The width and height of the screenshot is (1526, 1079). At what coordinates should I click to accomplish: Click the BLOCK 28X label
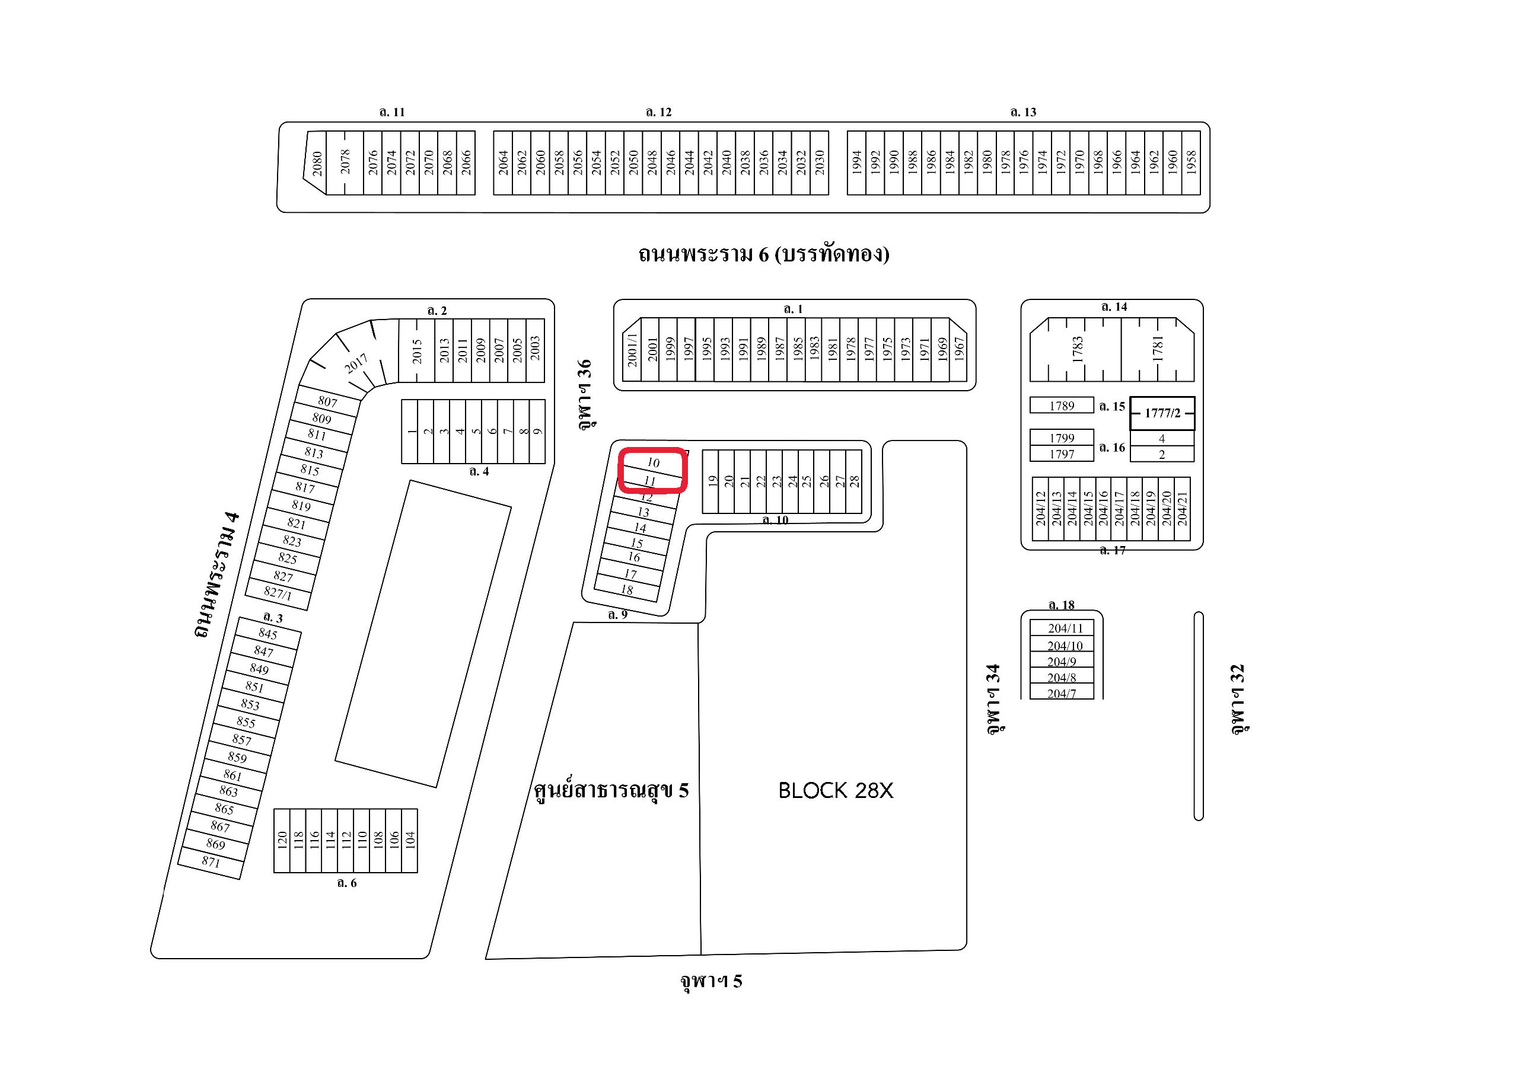836,791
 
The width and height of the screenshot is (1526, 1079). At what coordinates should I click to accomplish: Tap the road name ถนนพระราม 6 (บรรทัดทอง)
764,254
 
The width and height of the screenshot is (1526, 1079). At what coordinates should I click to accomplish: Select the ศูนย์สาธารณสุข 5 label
611,791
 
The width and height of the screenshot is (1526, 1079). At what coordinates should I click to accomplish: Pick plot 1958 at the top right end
1191,163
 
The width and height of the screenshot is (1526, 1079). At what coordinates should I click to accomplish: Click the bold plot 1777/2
1162,413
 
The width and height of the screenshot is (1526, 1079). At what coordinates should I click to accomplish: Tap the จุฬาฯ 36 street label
584,395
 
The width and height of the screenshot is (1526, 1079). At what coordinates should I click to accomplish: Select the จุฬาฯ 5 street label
711,981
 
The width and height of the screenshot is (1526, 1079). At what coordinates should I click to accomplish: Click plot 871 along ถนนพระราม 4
211,862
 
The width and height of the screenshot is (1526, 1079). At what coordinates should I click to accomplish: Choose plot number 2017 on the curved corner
356,363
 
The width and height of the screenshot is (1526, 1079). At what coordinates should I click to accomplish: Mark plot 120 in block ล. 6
282,840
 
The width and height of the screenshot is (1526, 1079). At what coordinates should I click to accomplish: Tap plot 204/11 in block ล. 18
1065,628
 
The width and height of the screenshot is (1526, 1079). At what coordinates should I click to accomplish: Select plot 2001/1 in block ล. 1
632,350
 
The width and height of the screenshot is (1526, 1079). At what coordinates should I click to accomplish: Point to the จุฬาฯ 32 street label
1237,699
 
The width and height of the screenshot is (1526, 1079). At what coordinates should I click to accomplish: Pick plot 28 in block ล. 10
854,481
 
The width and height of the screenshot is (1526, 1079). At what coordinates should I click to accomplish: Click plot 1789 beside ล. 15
1062,406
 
